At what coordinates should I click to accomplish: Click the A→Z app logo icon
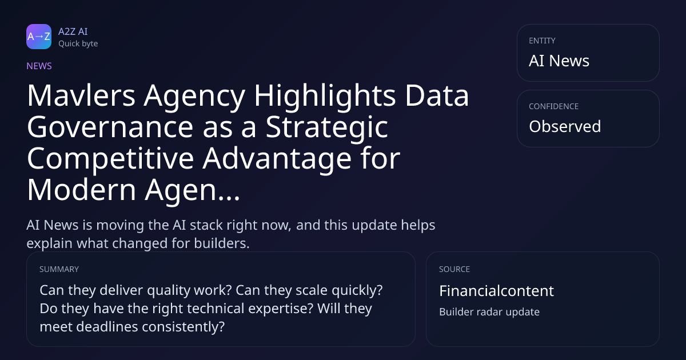(39, 37)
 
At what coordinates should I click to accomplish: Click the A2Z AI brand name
(73, 31)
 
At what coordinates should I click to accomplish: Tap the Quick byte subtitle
(78, 44)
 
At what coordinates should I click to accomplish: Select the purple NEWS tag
(39, 66)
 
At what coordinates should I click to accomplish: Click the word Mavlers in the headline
(81, 95)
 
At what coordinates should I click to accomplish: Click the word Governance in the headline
(110, 127)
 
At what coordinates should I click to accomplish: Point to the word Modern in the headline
(81, 190)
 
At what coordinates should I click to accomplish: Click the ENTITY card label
(542, 41)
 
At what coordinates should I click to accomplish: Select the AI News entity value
(559, 61)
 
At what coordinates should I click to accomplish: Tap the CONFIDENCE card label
(554, 106)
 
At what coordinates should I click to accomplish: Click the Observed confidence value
(565, 126)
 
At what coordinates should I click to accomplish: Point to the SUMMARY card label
(59, 269)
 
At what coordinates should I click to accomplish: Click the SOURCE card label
(454, 269)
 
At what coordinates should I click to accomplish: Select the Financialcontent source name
(496, 290)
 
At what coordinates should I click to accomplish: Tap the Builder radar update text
(489, 311)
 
